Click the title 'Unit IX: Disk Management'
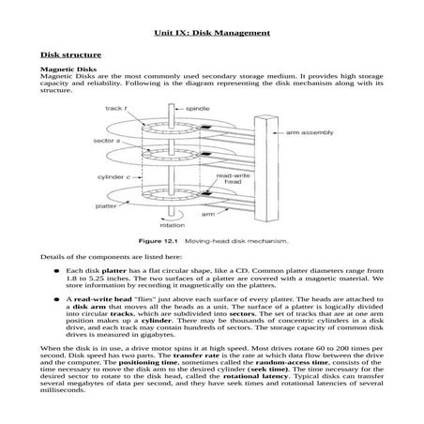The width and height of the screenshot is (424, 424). [211, 33]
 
